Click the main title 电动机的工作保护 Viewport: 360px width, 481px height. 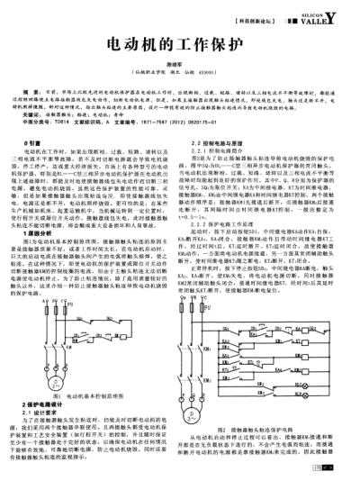pyautogui.click(x=180, y=44)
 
